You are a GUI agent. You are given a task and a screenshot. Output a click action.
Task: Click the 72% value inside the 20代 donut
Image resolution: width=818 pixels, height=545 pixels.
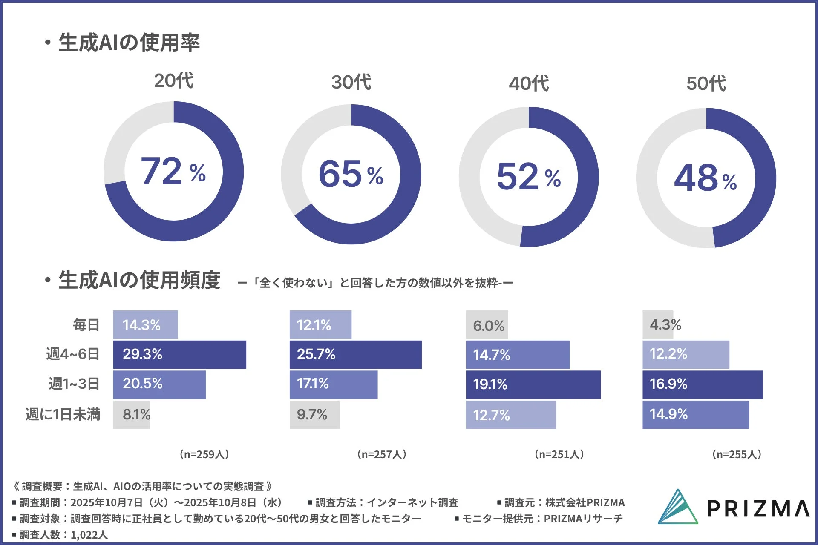point(173,171)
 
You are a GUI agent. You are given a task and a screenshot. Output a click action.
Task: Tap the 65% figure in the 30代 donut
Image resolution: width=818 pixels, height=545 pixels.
point(351,174)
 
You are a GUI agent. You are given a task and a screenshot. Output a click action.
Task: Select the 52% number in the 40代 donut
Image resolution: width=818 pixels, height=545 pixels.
point(528,176)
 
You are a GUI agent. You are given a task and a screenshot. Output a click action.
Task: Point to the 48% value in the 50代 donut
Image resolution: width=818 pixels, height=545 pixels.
point(705,178)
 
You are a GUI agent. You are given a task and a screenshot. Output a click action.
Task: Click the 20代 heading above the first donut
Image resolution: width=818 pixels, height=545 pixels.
point(174,80)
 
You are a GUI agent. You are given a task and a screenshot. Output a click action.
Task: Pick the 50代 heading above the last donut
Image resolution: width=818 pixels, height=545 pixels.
point(706,83)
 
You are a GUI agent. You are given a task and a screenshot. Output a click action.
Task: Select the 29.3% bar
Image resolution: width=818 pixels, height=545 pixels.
point(179,354)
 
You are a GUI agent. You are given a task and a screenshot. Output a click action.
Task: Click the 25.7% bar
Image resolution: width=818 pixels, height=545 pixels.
point(355,354)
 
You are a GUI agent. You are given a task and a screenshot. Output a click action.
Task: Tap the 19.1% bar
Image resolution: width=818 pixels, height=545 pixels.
point(533,384)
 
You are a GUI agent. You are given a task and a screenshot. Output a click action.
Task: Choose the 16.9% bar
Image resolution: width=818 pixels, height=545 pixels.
point(703,384)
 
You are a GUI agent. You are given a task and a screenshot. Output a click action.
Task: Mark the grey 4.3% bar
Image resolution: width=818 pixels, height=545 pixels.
point(658,325)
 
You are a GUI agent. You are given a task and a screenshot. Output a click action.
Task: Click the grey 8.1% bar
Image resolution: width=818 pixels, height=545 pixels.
point(132,414)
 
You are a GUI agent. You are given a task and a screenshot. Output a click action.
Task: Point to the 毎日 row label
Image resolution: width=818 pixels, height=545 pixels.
point(86,325)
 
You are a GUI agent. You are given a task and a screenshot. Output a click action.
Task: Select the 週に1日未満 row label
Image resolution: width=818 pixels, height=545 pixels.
point(63,414)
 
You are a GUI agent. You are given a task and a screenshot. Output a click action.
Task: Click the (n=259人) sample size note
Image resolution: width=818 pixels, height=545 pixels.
point(204,454)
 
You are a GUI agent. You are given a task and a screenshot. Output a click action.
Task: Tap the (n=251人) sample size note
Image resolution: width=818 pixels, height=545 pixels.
point(559,454)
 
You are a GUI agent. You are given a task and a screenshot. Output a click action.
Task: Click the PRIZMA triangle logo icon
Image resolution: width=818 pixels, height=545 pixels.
point(677,507)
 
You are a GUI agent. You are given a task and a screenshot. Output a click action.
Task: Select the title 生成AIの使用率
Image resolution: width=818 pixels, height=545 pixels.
point(129,43)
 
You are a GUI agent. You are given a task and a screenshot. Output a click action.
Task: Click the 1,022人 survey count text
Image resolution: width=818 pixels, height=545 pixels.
point(89,535)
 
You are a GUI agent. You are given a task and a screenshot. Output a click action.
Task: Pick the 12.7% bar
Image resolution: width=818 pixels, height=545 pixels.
point(510,415)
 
